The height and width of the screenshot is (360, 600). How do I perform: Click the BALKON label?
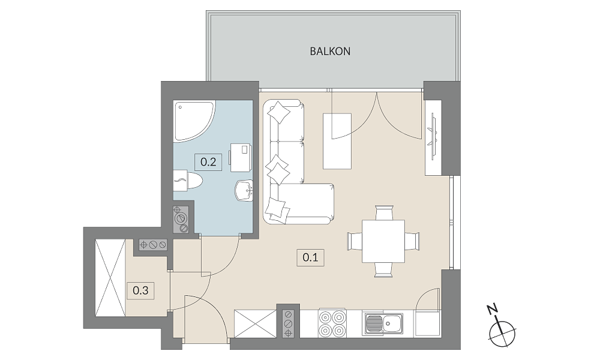tap(330, 51)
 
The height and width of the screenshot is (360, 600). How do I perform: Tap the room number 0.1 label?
tap(310, 257)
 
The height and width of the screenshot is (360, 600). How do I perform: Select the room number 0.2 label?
tap(208, 162)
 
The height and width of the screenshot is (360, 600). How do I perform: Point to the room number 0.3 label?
tap(140, 290)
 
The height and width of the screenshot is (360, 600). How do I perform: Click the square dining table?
tap(383, 241)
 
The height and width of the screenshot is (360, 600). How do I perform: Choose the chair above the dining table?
tap(383, 212)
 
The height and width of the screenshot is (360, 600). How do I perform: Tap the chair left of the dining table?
tap(355, 241)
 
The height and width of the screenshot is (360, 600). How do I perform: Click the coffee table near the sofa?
tap(337, 141)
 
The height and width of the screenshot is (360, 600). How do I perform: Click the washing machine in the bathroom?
tap(241, 158)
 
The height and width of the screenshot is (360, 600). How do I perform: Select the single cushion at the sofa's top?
tap(279, 112)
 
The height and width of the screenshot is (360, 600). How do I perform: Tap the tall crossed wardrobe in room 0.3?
tap(110, 278)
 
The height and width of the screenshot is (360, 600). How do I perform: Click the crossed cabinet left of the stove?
tap(255, 323)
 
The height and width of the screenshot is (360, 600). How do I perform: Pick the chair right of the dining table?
tap(412, 241)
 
